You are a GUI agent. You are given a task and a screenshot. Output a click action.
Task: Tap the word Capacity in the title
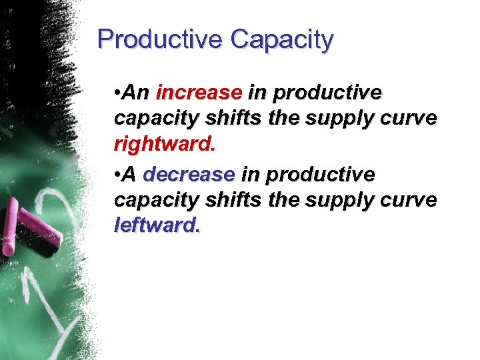pyautogui.click(x=281, y=39)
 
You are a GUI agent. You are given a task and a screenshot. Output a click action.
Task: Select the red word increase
pyautogui.click(x=198, y=92)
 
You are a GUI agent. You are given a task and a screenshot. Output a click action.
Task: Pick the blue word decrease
pyautogui.click(x=189, y=175)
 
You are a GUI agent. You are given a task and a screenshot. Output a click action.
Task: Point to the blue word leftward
pyautogui.click(x=157, y=225)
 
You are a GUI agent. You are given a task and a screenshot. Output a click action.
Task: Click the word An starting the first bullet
pyautogui.click(x=138, y=92)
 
